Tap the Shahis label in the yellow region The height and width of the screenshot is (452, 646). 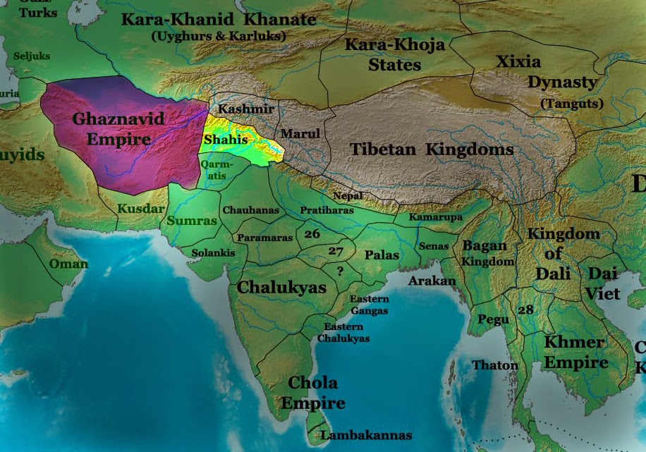coord(226,140)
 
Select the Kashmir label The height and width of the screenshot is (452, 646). coord(245,110)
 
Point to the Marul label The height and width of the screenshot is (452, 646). coord(300,133)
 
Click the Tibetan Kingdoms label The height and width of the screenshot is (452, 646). coord(432,149)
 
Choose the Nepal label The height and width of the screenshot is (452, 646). coord(348,195)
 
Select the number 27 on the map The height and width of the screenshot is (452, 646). coord(336,250)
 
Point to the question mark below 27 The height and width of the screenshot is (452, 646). coord(340,271)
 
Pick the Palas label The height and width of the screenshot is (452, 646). coord(382,255)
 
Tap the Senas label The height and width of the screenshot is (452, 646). coord(433,246)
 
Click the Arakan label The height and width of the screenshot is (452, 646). coord(432,281)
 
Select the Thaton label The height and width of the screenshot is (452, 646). coord(495,365)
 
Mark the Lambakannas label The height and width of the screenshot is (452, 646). coord(366,435)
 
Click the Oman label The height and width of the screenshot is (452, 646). coord(68,264)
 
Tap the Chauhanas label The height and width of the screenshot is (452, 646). coord(250,210)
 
